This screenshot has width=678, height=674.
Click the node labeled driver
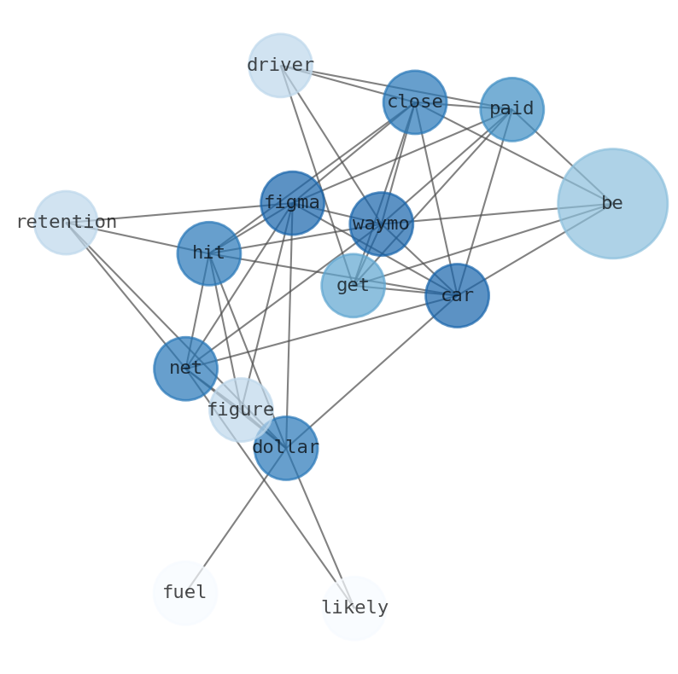tap(280, 66)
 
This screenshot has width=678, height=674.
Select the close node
tap(414, 102)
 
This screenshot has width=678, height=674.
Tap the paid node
tap(511, 109)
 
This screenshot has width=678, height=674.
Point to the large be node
tap(612, 203)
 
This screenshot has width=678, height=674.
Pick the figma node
tap(292, 203)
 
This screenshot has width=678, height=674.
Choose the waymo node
tap(381, 224)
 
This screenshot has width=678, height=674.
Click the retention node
tap(66, 223)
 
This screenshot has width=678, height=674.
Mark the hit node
tap(208, 253)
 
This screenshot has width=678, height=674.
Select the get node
tap(353, 285)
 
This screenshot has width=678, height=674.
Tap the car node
tap(457, 295)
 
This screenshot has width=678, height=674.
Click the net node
tap(185, 369)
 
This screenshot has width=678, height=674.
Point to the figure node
tap(241, 410)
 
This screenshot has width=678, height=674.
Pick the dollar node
tap(285, 448)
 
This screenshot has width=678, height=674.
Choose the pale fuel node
tap(184, 592)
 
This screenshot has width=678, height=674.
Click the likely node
tap(354, 607)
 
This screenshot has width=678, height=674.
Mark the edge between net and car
tap(321, 332)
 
